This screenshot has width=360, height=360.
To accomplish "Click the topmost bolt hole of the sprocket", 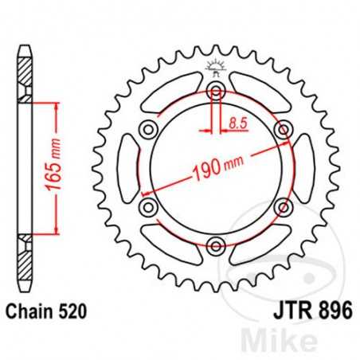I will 214,92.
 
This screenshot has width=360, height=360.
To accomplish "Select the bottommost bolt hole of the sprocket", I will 214,245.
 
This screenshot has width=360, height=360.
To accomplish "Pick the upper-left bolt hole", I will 148,130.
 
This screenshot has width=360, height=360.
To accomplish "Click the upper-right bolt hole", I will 280,130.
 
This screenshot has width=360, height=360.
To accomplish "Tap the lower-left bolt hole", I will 148,207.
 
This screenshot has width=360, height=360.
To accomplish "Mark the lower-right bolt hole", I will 280,207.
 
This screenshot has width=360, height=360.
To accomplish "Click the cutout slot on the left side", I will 127,168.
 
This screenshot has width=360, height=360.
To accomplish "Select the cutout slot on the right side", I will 302,168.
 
